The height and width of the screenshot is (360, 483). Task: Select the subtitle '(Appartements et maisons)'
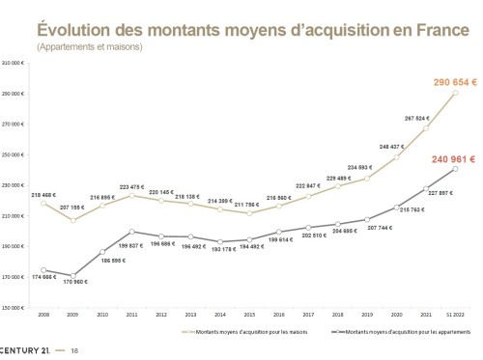(90, 46)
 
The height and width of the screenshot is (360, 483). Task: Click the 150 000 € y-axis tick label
(14, 307)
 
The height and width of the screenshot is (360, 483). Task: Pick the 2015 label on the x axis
(250, 315)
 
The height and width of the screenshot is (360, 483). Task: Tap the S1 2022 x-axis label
(455, 315)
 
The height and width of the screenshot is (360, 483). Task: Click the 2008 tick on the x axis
(43, 315)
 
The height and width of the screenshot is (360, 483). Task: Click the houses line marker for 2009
(72, 220)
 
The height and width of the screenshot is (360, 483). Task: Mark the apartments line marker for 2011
(131, 232)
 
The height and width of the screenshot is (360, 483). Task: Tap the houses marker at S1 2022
(455, 93)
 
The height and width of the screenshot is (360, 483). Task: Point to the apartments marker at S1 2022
(455, 169)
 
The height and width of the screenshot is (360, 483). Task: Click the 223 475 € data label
(131, 186)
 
